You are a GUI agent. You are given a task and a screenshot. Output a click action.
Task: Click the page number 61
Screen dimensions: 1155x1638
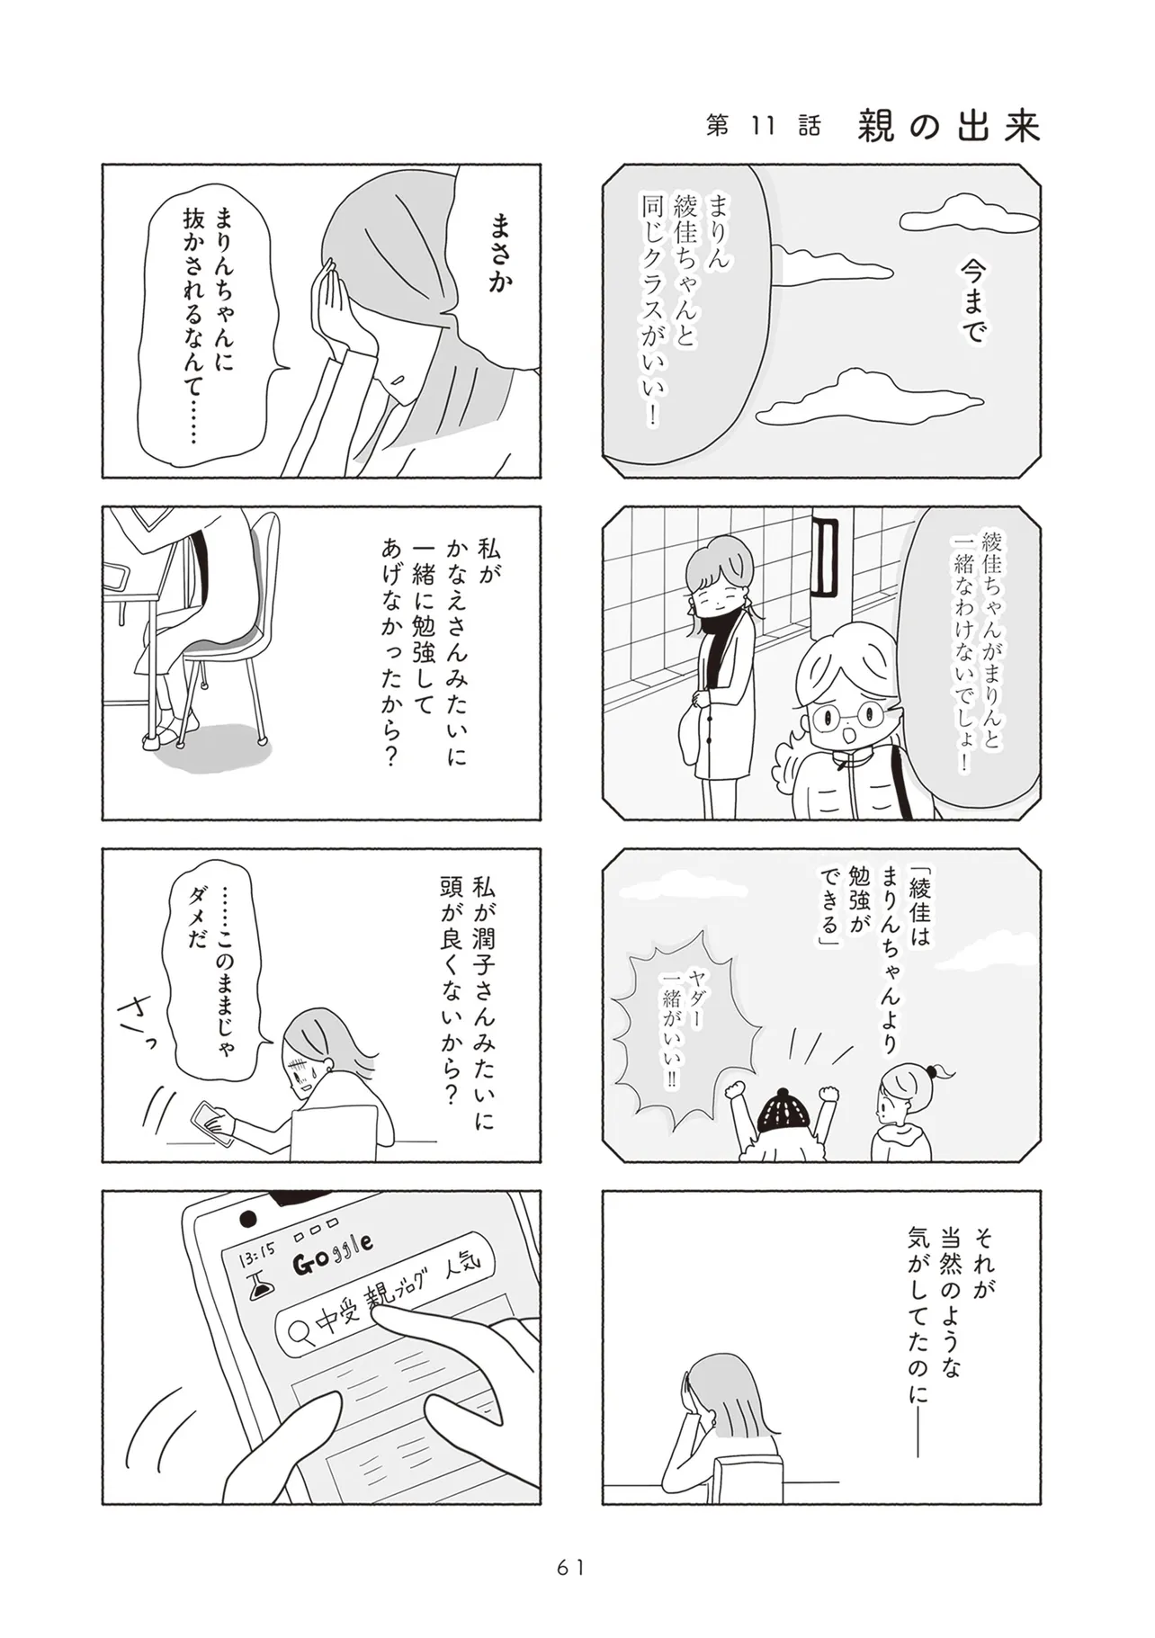[x=570, y=1567]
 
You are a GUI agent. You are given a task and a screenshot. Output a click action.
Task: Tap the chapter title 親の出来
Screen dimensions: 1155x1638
[x=948, y=126]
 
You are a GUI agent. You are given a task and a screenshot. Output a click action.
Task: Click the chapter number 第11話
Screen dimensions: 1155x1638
[x=764, y=127]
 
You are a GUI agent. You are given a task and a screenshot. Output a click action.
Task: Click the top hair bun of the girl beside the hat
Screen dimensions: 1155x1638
[x=936, y=1072]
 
